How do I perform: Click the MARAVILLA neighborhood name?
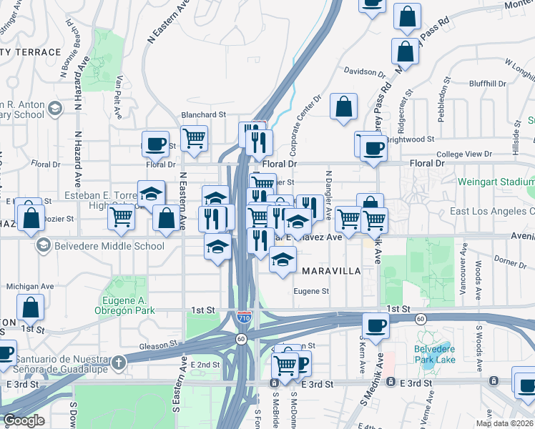click(329, 271)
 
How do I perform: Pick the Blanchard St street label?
click(203, 114)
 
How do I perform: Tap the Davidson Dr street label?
click(365, 71)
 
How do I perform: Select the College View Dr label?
click(464, 154)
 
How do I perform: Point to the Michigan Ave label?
click(29, 286)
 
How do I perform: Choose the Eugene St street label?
click(312, 291)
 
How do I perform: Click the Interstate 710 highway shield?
click(244, 315)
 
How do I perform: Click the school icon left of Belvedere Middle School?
click(44, 246)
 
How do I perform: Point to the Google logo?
click(24, 420)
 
